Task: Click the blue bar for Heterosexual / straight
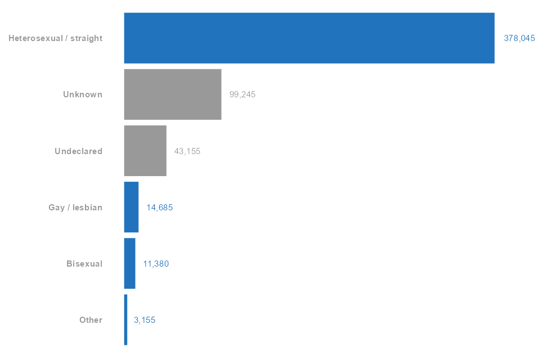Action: pyautogui.click(x=309, y=38)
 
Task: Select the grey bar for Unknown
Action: pyautogui.click(x=173, y=94)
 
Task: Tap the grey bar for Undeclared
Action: pyautogui.click(x=145, y=151)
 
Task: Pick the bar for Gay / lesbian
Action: pyautogui.click(x=131, y=207)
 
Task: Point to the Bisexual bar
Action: pyautogui.click(x=129, y=263)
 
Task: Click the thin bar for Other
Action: pyautogui.click(x=125, y=319)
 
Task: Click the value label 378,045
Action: pyautogui.click(x=519, y=38)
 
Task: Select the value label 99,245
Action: pyautogui.click(x=242, y=94)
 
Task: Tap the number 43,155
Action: pyautogui.click(x=187, y=151)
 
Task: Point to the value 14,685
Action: pyautogui.click(x=159, y=207)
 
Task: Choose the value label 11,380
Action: pyautogui.click(x=156, y=263)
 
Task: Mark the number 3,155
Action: pyautogui.click(x=145, y=319)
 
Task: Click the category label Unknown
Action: pyautogui.click(x=83, y=94)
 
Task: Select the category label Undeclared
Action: pyautogui.click(x=78, y=151)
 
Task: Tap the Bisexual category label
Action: pyautogui.click(x=84, y=263)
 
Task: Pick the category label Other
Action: pyautogui.click(x=91, y=319)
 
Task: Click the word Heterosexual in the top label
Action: pyautogui.click(x=32, y=38)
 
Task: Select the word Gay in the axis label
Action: pyautogui.click(x=57, y=207)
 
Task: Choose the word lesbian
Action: pyautogui.click(x=87, y=207)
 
